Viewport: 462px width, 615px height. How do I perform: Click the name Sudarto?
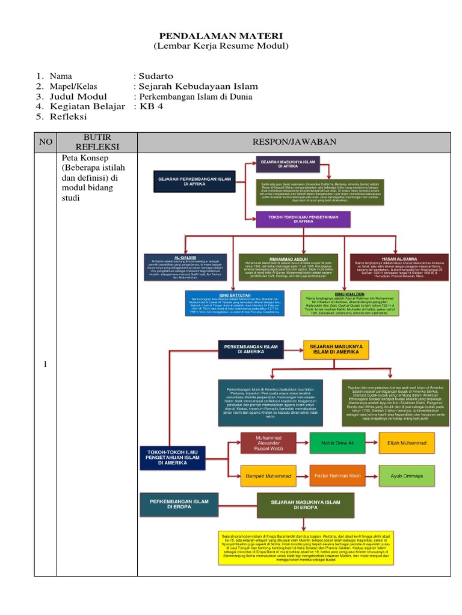tap(156, 76)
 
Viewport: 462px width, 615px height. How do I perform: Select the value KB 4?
tap(151, 106)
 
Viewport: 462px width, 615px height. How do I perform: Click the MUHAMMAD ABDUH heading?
tap(286, 258)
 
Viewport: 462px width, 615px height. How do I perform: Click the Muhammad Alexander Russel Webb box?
tap(268, 443)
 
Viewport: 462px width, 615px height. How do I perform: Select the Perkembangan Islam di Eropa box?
tap(186, 504)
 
